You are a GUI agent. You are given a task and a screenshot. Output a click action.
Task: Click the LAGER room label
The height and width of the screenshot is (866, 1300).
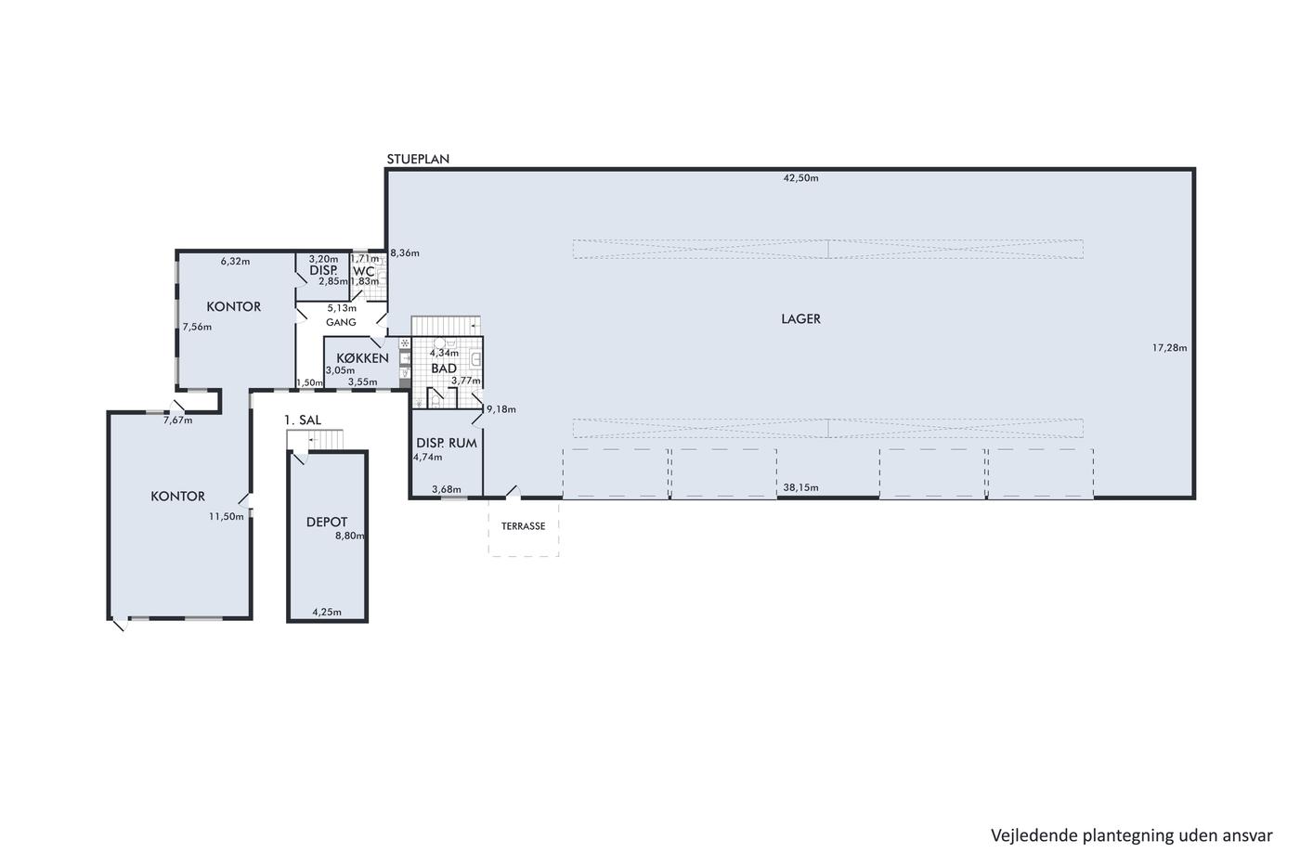(x=800, y=318)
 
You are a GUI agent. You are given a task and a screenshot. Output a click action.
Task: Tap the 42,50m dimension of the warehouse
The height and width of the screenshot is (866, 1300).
(x=800, y=178)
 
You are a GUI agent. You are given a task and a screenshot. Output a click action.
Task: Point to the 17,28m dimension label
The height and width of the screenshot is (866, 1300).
(x=1169, y=348)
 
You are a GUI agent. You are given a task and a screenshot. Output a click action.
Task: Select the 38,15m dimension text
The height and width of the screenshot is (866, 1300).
(x=800, y=488)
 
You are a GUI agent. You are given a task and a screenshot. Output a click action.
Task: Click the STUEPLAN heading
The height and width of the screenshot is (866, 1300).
(x=418, y=159)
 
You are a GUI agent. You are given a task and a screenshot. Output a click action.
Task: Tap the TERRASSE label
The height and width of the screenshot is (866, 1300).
(x=523, y=526)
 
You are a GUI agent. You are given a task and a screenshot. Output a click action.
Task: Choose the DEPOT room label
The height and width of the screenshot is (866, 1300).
(x=327, y=522)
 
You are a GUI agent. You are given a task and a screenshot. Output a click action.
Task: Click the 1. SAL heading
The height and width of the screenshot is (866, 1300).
(x=303, y=420)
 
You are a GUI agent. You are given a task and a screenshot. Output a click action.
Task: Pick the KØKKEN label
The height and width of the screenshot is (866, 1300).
(x=363, y=358)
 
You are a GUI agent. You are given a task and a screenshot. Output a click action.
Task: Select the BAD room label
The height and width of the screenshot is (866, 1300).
(x=444, y=368)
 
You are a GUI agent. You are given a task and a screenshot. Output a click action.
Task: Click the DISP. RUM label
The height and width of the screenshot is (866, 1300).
(x=447, y=443)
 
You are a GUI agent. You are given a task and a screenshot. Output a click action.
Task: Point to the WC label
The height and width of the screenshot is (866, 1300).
(x=364, y=271)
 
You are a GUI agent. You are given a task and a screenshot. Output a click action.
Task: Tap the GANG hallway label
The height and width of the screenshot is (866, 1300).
(x=341, y=322)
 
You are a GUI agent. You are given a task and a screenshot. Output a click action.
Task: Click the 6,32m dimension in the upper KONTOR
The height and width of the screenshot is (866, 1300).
(x=235, y=262)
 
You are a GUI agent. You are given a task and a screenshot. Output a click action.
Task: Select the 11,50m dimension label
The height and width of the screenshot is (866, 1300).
(x=227, y=516)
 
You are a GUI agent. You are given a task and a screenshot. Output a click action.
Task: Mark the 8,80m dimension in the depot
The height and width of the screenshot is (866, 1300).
(x=349, y=536)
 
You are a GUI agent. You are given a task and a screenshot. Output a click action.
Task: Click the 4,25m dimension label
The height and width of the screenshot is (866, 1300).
(x=327, y=612)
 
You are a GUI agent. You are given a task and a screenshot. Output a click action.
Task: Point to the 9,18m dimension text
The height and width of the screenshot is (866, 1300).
(x=500, y=409)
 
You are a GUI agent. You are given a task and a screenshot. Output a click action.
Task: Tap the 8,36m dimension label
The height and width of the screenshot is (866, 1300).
(x=405, y=252)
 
